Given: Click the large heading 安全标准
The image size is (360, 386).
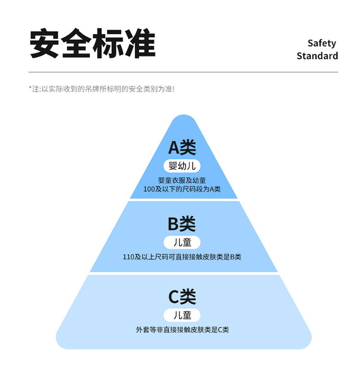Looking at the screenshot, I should [93, 44].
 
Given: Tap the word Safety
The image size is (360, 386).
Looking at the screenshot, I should [322, 43].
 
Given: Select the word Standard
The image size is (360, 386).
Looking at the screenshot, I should [317, 56].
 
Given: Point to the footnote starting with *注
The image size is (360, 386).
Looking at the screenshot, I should [101, 89].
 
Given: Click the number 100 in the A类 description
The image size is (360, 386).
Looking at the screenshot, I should [149, 189].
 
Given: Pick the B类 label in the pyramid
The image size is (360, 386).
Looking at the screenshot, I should [182, 224].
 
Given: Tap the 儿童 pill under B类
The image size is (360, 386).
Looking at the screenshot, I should [182, 242].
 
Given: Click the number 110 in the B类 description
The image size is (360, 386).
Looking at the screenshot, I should [129, 257].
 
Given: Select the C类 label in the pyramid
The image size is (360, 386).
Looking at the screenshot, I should [182, 297].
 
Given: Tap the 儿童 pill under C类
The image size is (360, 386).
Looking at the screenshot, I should [182, 315].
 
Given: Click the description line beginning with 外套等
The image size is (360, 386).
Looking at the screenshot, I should [182, 330].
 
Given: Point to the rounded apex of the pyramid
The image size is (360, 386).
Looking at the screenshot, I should [183, 120].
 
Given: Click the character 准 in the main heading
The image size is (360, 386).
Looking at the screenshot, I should [140, 44].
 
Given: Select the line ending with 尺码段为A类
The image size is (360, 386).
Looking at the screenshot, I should [182, 189].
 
